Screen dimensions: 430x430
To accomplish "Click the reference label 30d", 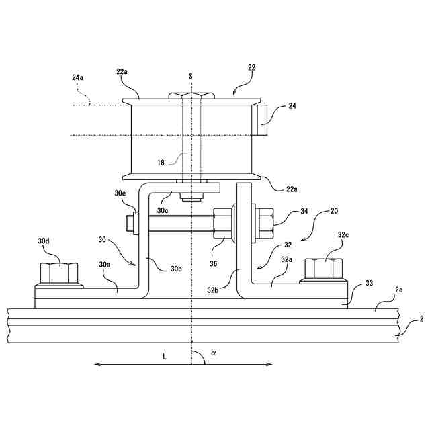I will click(x=44, y=241).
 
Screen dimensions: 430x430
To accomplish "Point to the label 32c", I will click(x=344, y=236).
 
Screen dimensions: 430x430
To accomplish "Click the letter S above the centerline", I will click(x=191, y=77).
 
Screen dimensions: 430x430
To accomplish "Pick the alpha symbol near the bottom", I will click(x=214, y=351).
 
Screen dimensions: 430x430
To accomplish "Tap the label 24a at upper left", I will click(x=78, y=78).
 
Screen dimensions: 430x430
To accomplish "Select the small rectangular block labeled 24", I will click(x=261, y=121).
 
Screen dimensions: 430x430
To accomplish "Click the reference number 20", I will click(x=334, y=211).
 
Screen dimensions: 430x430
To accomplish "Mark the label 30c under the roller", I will click(x=163, y=210).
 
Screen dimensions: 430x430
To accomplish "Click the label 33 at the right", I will click(x=369, y=284).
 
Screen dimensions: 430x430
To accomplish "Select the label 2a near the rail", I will click(x=398, y=290).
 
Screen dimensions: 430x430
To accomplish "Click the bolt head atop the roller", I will click(x=191, y=96).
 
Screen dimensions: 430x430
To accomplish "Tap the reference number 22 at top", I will click(x=251, y=67).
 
